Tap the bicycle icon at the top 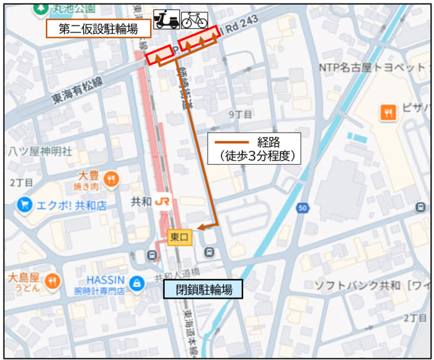[x=195, y=20]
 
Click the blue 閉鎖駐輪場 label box [x=204, y=289]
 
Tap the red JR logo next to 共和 [x=163, y=202]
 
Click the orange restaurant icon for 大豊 [x=112, y=178]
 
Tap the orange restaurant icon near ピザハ [x=387, y=112]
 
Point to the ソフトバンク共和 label [x=356, y=286]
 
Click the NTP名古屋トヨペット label [x=372, y=66]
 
